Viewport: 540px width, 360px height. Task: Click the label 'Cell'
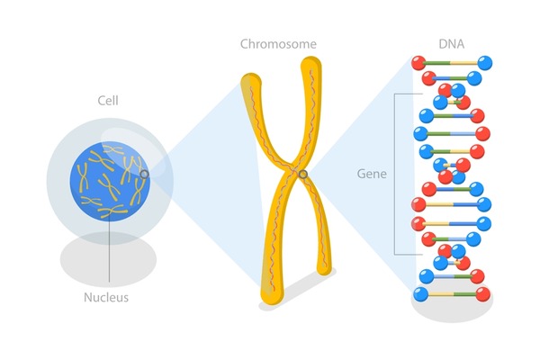pos(108,100)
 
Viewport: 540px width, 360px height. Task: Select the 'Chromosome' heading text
pos(278,43)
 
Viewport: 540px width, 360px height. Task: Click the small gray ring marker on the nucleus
pos(143,174)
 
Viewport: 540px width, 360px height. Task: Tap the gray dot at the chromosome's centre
pos(304,174)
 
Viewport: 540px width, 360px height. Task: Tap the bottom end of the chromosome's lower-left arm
pos(269,295)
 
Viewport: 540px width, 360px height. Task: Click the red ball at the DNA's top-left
pos(417,64)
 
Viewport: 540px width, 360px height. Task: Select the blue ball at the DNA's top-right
pos(486,63)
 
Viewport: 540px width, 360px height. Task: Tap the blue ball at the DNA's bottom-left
pos(420,294)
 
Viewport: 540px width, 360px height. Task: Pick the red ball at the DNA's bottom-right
pos(483,294)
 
